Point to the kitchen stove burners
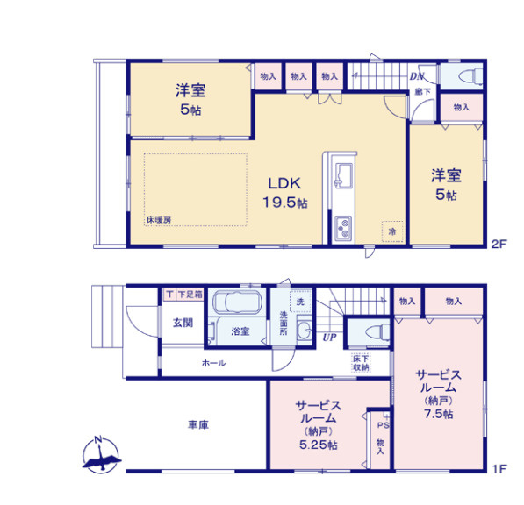[x=341, y=229]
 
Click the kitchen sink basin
[x=342, y=174]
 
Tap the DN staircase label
[x=418, y=76]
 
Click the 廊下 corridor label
[x=422, y=90]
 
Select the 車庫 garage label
[x=197, y=424]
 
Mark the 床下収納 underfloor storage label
[x=361, y=363]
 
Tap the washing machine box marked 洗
[x=300, y=302]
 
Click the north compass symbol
[x=102, y=454]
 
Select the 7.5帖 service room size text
[x=436, y=414]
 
